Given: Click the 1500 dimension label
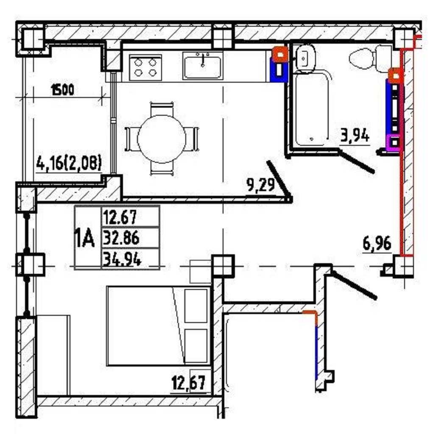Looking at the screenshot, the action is [63, 90].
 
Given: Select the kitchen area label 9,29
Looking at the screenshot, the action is [260, 185].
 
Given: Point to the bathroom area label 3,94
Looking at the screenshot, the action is [355, 136].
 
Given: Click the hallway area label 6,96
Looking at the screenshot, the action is [377, 243].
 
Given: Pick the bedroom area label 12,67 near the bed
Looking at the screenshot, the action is [189, 383].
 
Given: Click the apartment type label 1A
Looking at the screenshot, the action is [85, 238].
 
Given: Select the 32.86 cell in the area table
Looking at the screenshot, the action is [121, 238].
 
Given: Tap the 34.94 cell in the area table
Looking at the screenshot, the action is [122, 259].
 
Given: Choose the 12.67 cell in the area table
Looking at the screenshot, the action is [120, 217].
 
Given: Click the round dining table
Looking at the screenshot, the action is [162, 139].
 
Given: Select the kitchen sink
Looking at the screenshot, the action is [203, 66].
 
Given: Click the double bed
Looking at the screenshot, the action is [159, 326].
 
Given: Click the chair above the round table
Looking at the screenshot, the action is [162, 109].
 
